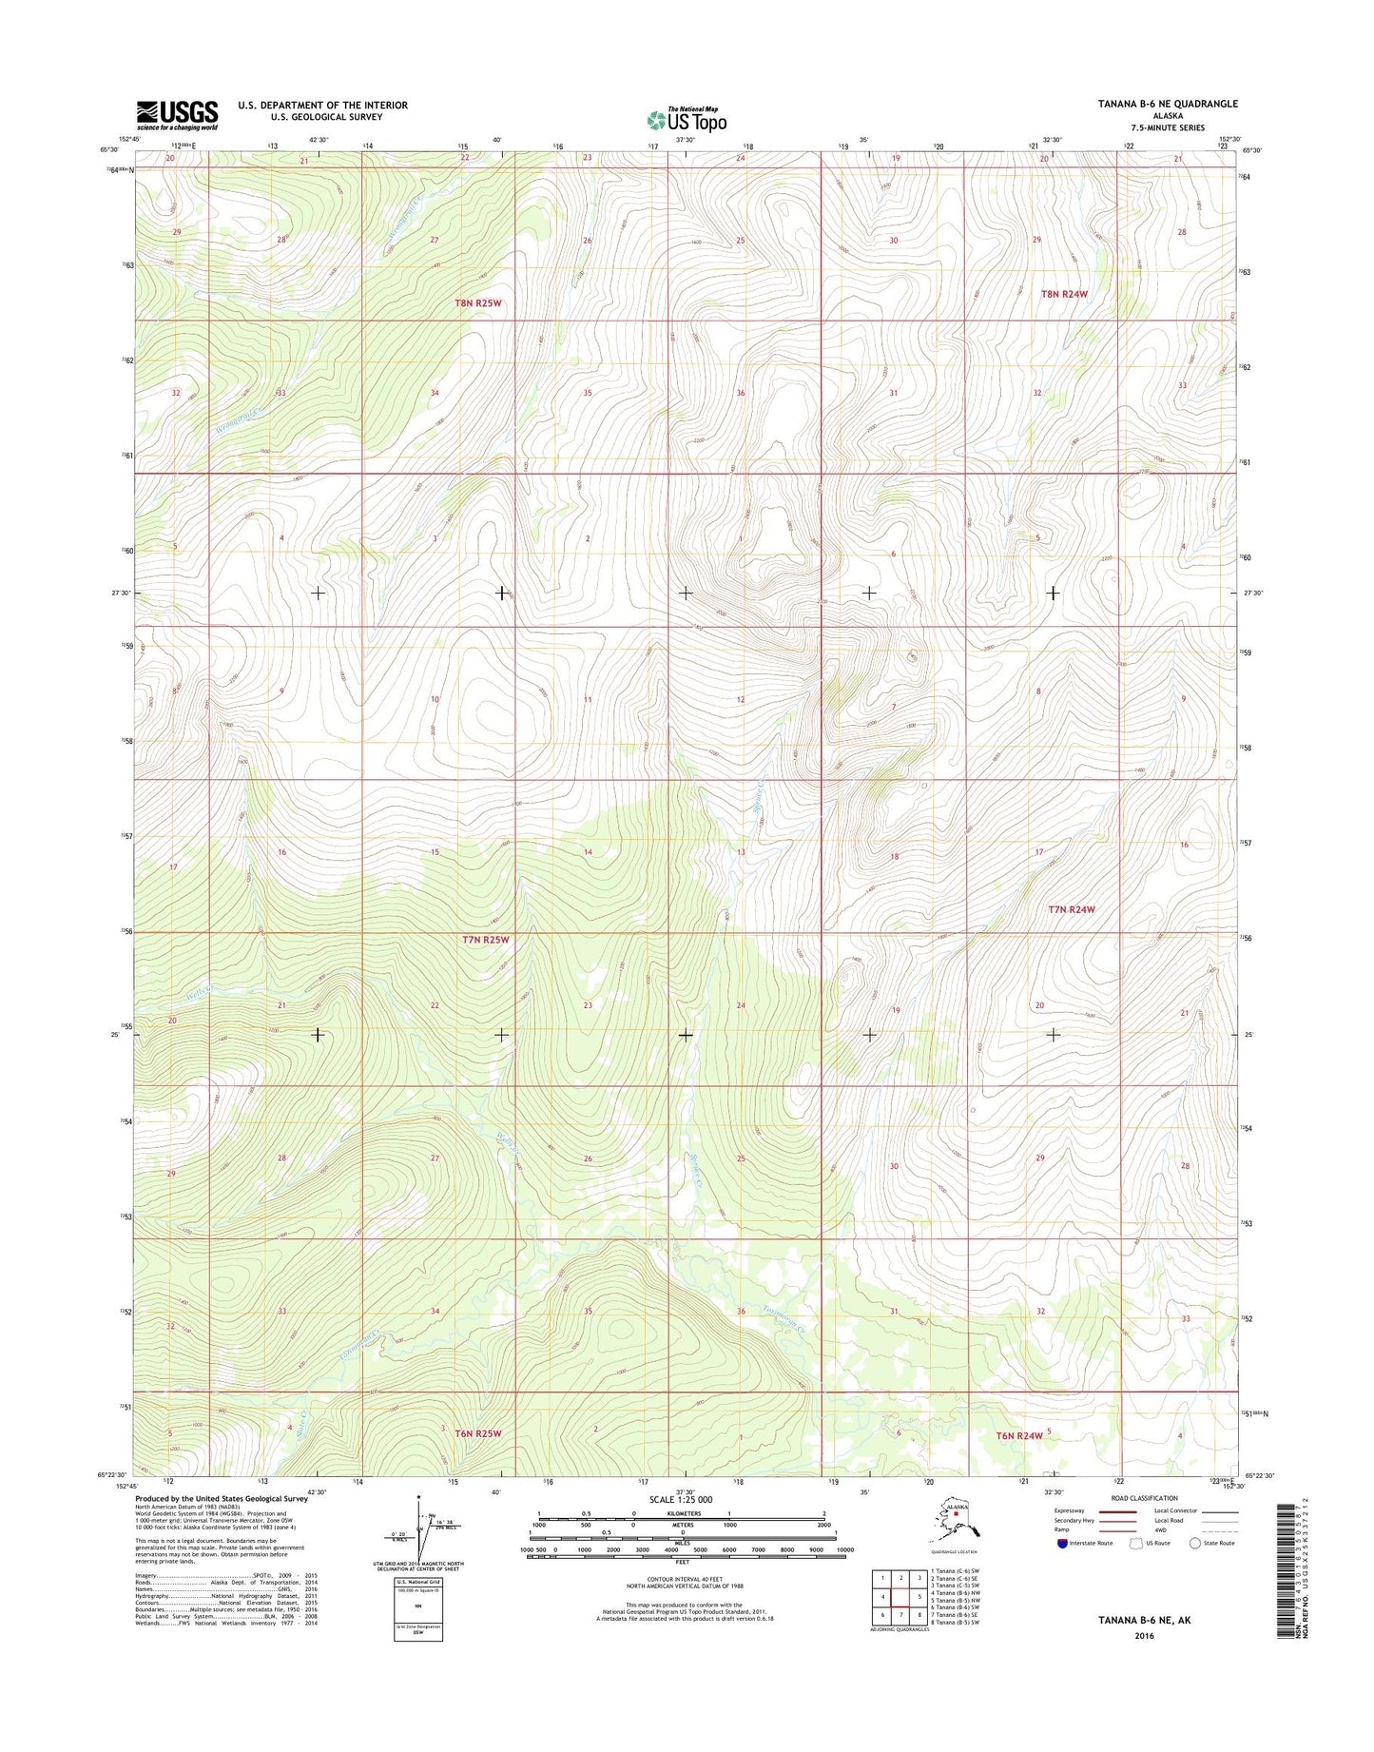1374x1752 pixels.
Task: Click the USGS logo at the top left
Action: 177,115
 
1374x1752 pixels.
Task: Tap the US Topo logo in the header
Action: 687,120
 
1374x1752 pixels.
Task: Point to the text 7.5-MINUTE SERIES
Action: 1167,127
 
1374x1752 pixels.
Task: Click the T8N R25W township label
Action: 477,302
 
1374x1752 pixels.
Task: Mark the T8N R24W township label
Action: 1064,294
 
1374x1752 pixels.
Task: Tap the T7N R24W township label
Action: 1072,909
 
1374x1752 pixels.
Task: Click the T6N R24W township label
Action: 1018,1435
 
